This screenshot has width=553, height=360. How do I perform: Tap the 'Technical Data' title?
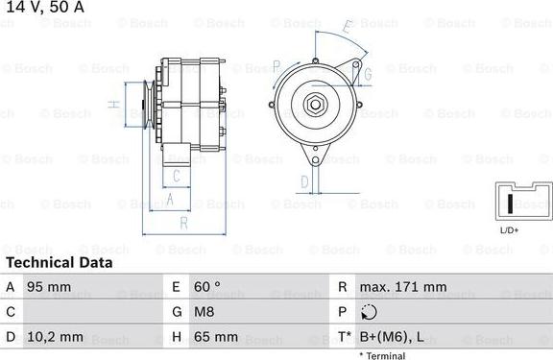(59, 262)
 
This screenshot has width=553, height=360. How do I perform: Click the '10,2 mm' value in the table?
(57, 337)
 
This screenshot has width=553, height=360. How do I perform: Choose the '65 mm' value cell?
(217, 337)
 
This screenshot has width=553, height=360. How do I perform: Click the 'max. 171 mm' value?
(404, 287)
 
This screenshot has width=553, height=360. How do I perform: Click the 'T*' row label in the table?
(343, 337)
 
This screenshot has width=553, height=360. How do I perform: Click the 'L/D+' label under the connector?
(510, 230)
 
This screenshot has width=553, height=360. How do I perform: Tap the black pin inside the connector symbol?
(509, 204)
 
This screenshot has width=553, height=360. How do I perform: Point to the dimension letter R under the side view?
(182, 223)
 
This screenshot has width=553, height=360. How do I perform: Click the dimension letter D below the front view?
(304, 180)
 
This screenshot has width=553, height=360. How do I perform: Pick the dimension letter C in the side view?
(177, 175)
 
